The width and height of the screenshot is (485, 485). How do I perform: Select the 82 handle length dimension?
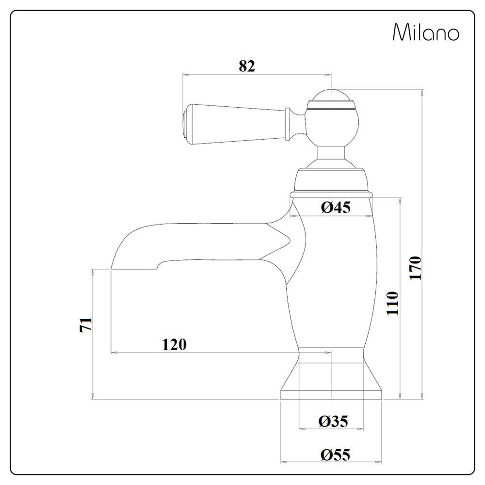(246, 66)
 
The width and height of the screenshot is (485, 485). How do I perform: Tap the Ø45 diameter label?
(335, 208)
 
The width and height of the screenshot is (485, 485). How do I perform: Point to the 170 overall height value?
(416, 268)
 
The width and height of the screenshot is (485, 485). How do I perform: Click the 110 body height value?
(392, 303)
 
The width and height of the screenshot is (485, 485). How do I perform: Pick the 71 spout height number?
(85, 325)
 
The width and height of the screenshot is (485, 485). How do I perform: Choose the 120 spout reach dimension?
(174, 344)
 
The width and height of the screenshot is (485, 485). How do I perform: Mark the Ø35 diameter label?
(333, 421)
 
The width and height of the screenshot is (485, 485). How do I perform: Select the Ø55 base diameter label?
(335, 455)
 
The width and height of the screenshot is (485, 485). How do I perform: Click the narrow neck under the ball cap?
(332, 154)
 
